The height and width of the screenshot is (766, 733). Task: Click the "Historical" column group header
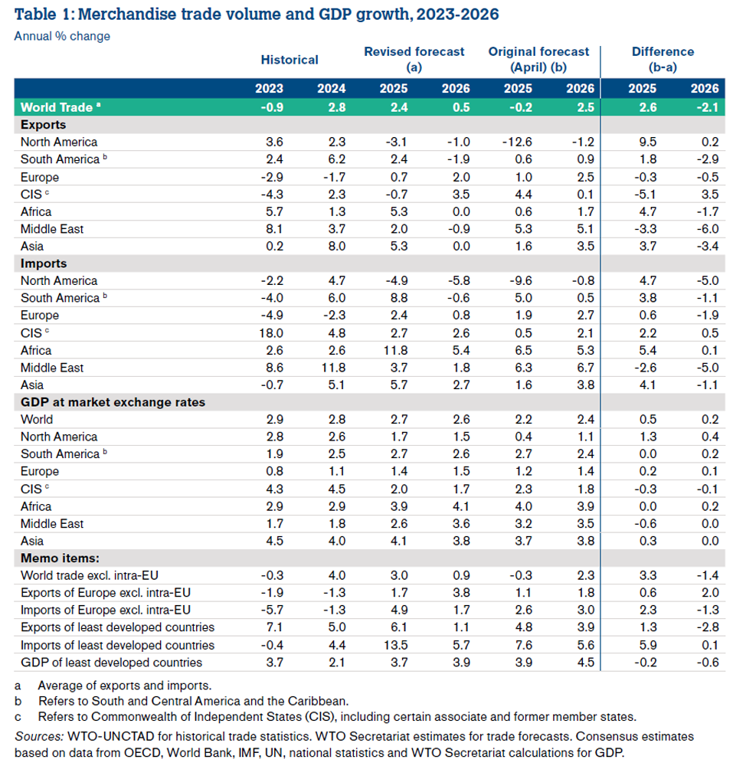click(x=290, y=59)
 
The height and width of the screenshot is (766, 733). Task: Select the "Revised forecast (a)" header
click(x=414, y=59)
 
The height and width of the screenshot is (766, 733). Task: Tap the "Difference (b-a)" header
click(x=663, y=59)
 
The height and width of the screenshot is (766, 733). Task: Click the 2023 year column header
click(x=270, y=88)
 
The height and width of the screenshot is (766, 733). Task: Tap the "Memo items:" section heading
click(x=61, y=558)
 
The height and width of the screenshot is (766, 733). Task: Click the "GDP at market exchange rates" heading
click(x=113, y=402)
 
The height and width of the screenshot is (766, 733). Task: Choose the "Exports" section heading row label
click(x=43, y=125)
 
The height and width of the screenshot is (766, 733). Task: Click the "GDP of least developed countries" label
click(x=111, y=663)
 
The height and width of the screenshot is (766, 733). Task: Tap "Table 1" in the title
click(x=43, y=14)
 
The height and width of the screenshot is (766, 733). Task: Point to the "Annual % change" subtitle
click(x=62, y=36)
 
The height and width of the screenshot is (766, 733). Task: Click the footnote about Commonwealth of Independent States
click(x=337, y=717)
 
